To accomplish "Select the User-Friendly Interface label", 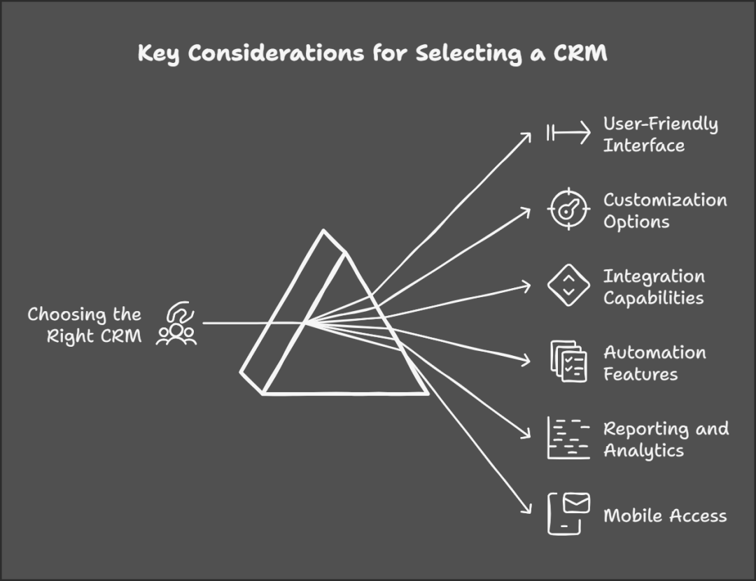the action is (660, 134).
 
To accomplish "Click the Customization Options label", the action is (665, 210).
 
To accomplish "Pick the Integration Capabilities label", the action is (654, 287).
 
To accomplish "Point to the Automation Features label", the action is (654, 363).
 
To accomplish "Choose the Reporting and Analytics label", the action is (666, 439).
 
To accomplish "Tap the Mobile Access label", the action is (665, 516).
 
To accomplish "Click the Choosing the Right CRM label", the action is (85, 325).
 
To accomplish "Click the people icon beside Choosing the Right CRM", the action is (177, 324).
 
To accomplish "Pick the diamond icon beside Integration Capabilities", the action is (568, 286).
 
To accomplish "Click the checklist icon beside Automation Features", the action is (568, 362).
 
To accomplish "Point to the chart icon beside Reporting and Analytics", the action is (568, 438).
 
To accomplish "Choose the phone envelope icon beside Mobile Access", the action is (568, 514).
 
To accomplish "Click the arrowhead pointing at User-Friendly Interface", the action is (528, 136).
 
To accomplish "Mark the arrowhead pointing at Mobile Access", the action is (528, 511).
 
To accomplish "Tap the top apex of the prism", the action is (323, 231).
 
